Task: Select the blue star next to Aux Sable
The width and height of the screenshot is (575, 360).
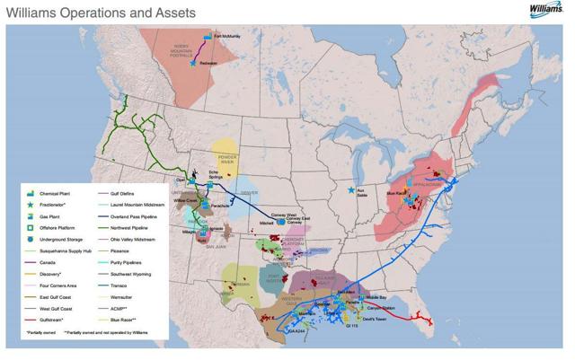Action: coord(350,190)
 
